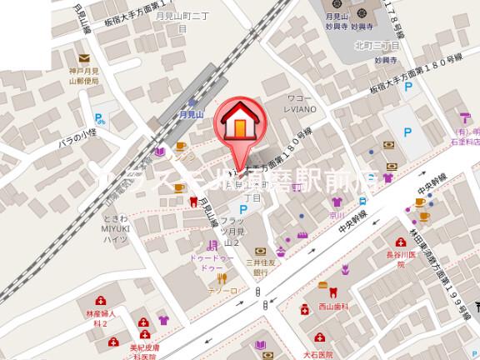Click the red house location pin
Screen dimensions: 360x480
238,125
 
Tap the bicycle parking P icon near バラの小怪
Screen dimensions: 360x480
99,118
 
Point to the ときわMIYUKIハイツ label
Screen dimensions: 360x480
115,218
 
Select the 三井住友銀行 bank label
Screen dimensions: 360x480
261,266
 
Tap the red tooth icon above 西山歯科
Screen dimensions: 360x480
333,292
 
